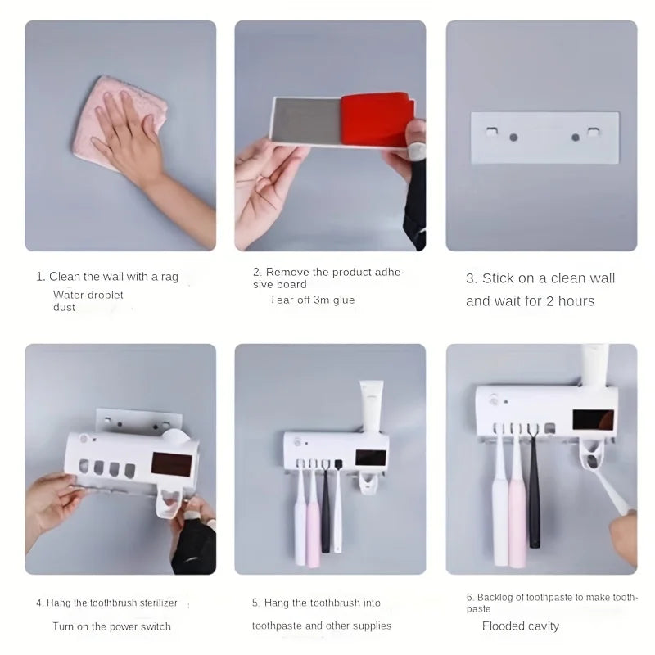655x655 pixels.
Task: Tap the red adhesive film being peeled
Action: coord(376,118)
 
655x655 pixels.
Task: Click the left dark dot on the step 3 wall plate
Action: coord(514,138)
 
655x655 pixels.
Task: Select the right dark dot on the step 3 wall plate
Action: coord(576,138)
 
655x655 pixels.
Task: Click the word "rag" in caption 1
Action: coord(169,278)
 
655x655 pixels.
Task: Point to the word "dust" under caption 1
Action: coord(64,308)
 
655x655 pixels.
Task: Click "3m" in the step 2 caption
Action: coord(322,300)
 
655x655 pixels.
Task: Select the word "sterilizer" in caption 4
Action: coord(159,603)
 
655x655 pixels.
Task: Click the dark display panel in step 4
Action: coord(171,463)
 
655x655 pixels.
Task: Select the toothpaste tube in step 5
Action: coord(371,405)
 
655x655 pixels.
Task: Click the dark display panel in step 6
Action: coord(593,420)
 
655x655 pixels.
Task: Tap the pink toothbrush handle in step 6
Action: coord(517,522)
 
